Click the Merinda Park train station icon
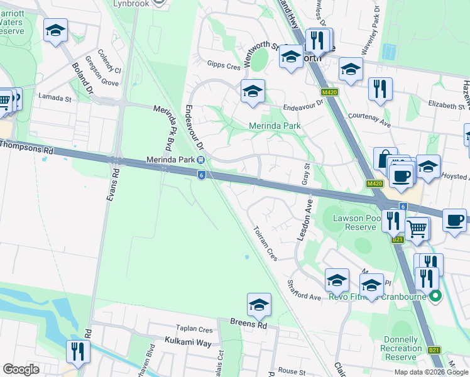click(200, 160)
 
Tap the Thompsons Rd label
click(26, 146)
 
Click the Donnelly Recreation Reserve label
click(402, 348)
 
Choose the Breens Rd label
click(248, 325)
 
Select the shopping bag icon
click(385, 159)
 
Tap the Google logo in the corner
click(21, 369)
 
